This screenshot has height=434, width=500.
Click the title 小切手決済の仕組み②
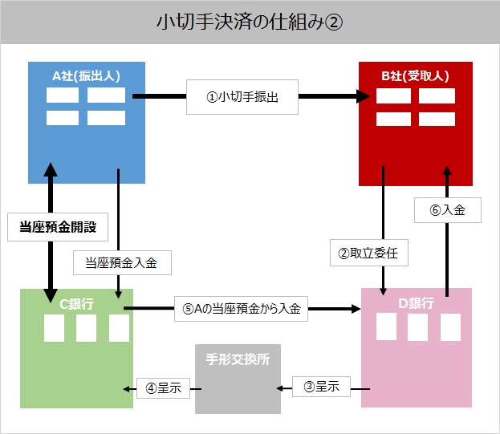[250, 22]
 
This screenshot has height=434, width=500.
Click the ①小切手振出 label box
[242, 97]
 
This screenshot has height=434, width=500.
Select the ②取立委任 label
[369, 253]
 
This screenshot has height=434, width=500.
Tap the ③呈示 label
[321, 387]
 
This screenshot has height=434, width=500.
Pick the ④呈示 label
[163, 388]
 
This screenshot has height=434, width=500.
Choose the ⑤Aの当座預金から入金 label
[241, 309]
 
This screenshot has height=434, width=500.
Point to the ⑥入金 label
[448, 210]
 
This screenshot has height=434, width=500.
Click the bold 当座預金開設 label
[58, 227]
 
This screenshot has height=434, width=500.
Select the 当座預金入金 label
[122, 262]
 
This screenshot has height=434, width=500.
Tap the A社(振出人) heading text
[87, 76]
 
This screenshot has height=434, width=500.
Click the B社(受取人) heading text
[415, 76]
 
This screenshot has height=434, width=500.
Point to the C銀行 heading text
[76, 304]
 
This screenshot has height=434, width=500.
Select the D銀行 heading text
[417, 303]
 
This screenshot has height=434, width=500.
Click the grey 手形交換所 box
[238, 379]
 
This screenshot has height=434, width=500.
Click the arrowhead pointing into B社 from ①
[364, 96]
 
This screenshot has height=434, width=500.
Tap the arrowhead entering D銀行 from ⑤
[356, 308]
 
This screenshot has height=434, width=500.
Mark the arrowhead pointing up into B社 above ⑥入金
[447, 171]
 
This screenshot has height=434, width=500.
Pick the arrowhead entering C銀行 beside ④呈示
[126, 389]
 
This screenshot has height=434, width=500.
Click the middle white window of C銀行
[86, 328]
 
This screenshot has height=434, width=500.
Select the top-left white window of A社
[63, 95]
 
